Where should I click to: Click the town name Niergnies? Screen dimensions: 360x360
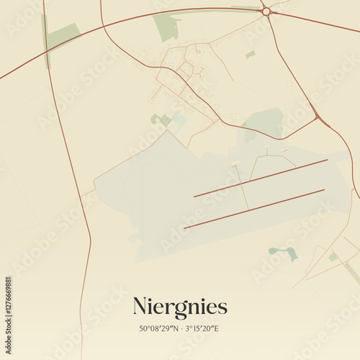tap(180, 307)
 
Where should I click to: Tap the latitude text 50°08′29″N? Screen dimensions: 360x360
tap(159, 329)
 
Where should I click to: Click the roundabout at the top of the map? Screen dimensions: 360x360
tap(266, 12)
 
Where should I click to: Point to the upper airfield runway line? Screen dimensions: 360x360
tap(261, 178)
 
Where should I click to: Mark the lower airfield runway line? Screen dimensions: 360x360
tap(254, 209)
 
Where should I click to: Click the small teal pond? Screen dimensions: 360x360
tap(283, 251)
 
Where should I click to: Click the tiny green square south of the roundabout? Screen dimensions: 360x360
tap(250, 54)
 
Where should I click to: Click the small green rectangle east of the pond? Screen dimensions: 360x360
tap(333, 256)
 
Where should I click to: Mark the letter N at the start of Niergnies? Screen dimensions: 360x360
tap(140, 307)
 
